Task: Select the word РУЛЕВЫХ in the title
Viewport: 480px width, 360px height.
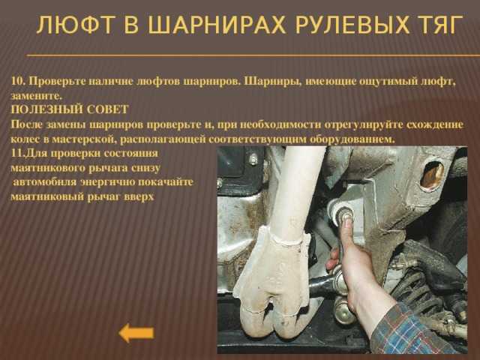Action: [x=352, y=25]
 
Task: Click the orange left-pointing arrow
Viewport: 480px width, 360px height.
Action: [x=136, y=333]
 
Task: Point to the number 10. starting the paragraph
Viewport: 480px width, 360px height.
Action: [x=19, y=82]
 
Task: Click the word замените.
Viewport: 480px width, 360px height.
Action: [x=37, y=96]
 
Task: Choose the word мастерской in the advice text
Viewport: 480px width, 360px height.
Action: [x=84, y=139]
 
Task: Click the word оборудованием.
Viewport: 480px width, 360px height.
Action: [x=351, y=139]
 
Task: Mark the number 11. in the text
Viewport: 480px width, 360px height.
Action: [x=16, y=154]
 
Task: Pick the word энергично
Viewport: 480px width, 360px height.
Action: [x=108, y=182]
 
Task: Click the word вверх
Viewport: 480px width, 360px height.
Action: [x=139, y=196]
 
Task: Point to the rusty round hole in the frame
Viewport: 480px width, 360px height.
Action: [x=432, y=175]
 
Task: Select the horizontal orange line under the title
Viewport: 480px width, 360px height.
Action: [x=253, y=55]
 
